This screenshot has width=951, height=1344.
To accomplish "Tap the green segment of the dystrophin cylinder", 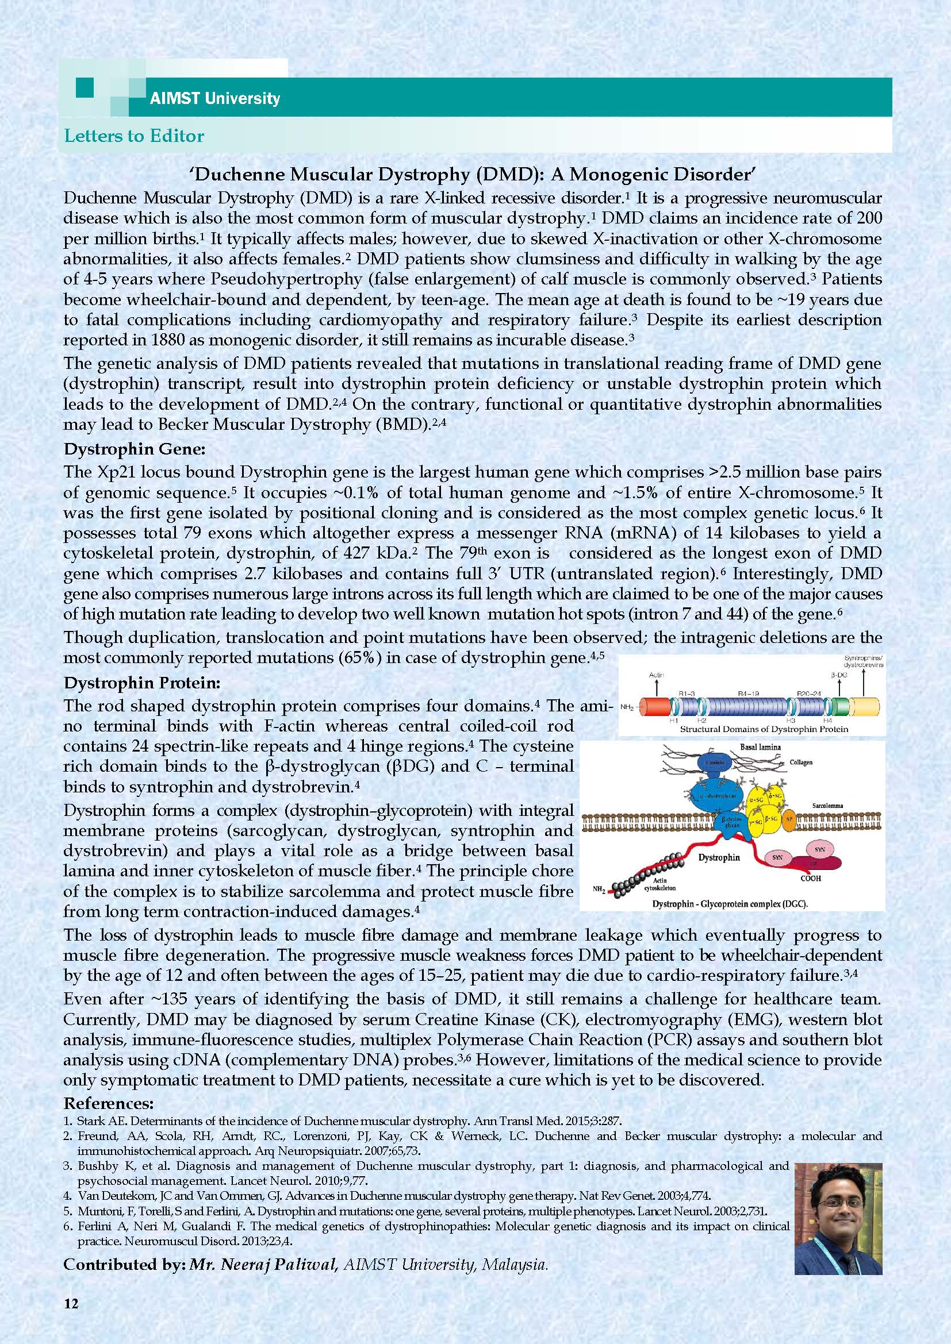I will click(838, 707).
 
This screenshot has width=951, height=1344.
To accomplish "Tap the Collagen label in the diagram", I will click(800, 763).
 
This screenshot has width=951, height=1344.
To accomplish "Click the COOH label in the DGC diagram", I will click(811, 878).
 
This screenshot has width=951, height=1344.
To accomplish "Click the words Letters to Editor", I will click(134, 136).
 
